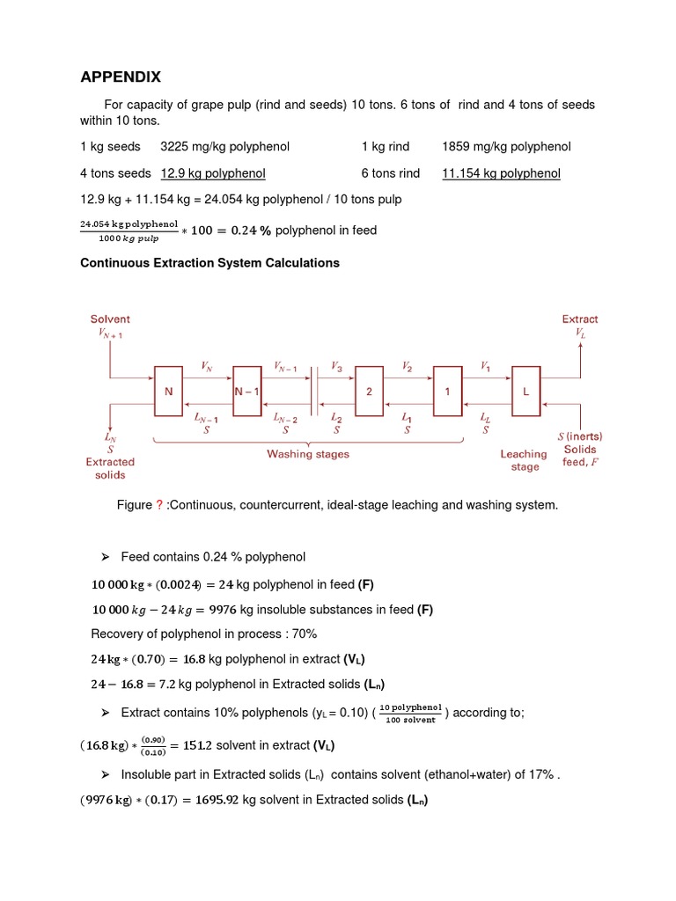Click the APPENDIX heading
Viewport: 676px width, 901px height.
[x=121, y=77]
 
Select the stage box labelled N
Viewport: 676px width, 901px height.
[x=168, y=391]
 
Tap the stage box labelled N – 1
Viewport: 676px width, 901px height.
[x=247, y=391]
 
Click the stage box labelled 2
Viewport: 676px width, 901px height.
[x=370, y=391]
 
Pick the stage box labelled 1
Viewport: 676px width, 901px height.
[x=447, y=391]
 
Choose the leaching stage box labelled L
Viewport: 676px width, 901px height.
[x=526, y=391]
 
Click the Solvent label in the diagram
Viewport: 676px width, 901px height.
[x=110, y=319]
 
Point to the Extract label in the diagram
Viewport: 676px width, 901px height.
[x=580, y=319]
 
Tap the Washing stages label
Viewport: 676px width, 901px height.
[x=308, y=454]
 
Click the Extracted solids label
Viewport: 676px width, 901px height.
[x=110, y=468]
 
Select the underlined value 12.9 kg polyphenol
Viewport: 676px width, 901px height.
[x=213, y=173]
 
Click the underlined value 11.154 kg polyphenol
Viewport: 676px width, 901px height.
[x=501, y=173]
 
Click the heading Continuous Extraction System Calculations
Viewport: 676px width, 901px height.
[x=209, y=263]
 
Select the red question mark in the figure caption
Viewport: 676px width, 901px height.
[x=159, y=505]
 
